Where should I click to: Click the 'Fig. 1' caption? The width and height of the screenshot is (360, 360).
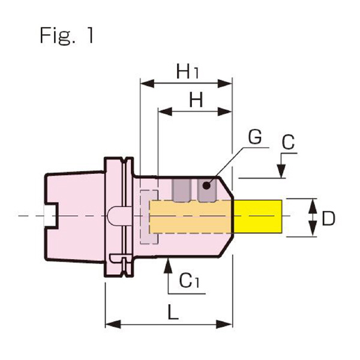(x=67, y=35)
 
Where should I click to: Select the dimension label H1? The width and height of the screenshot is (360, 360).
(x=187, y=73)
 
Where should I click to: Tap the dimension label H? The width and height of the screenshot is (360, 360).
(x=196, y=100)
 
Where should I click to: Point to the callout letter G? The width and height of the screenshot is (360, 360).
(x=254, y=137)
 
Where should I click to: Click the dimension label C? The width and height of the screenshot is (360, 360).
(x=288, y=143)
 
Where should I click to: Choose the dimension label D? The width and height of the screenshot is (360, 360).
(x=328, y=218)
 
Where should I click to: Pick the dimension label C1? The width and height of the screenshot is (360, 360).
(x=190, y=280)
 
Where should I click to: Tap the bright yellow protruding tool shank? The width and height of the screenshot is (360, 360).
(x=257, y=216)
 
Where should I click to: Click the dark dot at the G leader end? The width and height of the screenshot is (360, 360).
(x=208, y=185)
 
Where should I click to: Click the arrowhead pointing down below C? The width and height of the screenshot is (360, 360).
(x=281, y=172)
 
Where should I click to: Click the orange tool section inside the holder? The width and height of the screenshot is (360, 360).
(x=190, y=217)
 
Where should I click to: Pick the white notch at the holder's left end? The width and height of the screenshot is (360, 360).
(x=49, y=217)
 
